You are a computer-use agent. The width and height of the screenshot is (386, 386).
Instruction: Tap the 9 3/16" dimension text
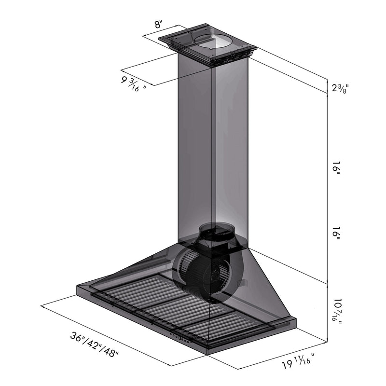[x=134, y=81]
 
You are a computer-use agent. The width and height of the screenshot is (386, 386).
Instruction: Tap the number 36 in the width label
[x=75, y=337]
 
